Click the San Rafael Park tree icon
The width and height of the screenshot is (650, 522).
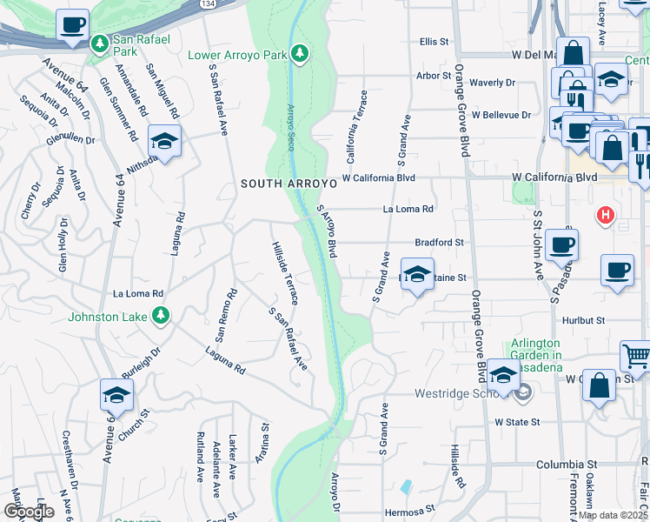(x=102, y=43)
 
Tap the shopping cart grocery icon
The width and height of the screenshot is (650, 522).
(x=635, y=355)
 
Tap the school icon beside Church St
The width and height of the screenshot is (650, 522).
(x=116, y=396)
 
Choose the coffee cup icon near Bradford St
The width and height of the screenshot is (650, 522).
(x=561, y=244)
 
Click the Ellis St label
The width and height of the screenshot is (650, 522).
(x=433, y=41)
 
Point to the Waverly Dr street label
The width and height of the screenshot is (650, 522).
(x=492, y=83)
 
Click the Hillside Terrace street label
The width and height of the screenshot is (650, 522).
(x=284, y=273)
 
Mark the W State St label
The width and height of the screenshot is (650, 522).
(x=518, y=422)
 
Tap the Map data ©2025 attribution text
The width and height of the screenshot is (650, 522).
(x=612, y=515)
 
